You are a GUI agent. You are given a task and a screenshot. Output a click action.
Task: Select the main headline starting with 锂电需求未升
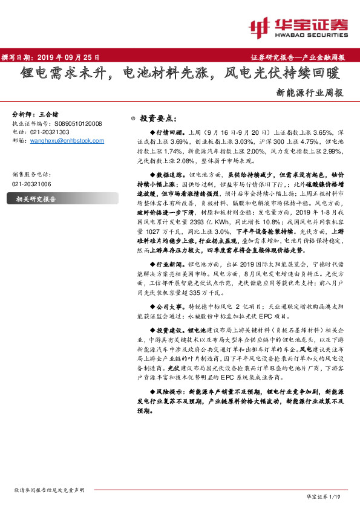pos(179,75)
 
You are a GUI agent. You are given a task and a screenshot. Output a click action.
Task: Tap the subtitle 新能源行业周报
pos(310,93)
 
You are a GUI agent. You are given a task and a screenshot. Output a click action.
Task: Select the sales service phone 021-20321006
pos(31,184)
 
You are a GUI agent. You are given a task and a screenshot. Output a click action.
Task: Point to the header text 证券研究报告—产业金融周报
pos(297,57)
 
